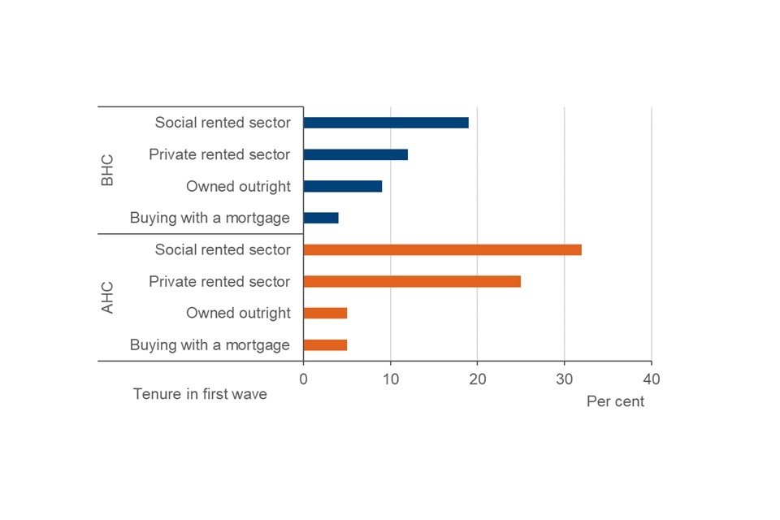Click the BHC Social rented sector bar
pos(386,123)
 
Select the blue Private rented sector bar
pos(355,154)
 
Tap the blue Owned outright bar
pos(342,186)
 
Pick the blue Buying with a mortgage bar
pos(321,218)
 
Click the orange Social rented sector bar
pos(442,249)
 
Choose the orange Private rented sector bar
pos(412,281)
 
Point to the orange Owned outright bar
pos(325,313)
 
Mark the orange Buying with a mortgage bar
pos(325,344)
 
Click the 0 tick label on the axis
pos(303,379)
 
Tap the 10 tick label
pos(390,379)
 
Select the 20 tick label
pos(477,379)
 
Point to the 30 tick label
pos(564,379)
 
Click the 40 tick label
pos(651,379)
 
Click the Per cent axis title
pos(615,401)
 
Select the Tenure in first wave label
pos(200,394)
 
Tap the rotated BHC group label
pos(107,171)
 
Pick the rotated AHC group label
pos(107,297)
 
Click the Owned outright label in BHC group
pos(238,186)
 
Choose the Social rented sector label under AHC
pos(223,249)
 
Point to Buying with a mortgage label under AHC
pos(210,344)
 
